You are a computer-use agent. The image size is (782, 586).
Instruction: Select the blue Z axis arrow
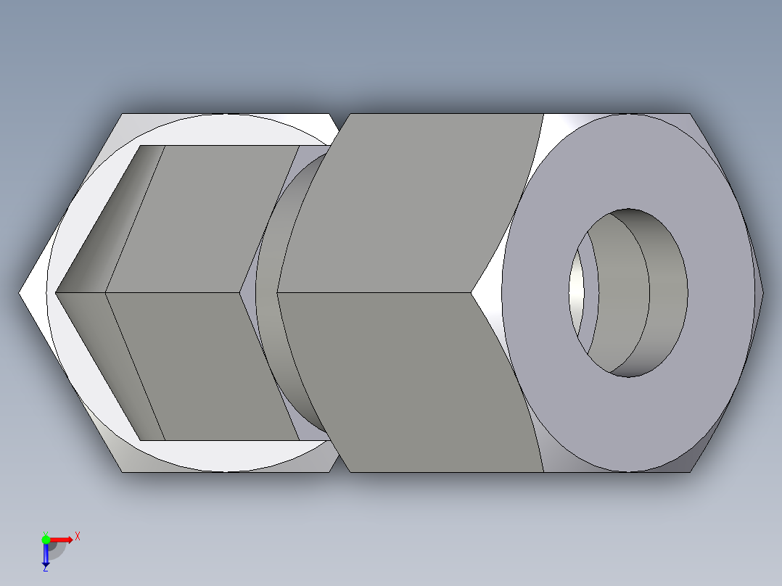tap(45, 556)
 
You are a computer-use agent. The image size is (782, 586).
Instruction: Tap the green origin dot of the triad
tap(46, 539)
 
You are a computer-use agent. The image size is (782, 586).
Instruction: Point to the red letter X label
tap(77, 536)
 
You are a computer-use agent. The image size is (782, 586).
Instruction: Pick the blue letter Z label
tap(45, 569)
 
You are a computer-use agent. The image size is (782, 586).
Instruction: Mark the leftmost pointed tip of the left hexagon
tap(20, 293)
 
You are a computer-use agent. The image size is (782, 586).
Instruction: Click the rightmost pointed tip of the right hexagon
tap(763, 293)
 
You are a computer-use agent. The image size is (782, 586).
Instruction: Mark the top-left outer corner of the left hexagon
tap(122, 114)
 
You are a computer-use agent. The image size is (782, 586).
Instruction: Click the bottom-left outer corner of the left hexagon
tap(122, 471)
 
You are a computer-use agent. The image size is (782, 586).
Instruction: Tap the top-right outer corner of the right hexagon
tap(691, 114)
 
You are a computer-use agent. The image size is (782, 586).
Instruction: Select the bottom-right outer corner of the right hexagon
tap(691, 471)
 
